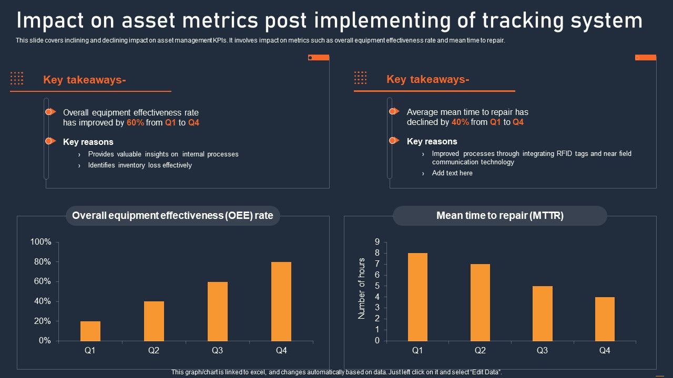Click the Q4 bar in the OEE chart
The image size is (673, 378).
281,301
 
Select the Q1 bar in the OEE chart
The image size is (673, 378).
90,331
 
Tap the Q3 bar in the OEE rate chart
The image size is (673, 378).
218,311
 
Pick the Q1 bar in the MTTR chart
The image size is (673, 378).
417,297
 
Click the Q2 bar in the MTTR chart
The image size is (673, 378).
480,302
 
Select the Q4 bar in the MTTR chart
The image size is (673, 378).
605,319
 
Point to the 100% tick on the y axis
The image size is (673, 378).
41,242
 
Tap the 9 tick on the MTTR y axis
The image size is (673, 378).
376,242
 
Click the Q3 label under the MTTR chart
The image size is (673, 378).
542,351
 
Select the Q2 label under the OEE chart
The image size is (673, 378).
154,351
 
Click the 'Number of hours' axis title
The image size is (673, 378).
362,289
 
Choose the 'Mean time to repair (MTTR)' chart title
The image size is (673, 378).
499,216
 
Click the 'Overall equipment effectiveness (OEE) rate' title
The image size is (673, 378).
172,216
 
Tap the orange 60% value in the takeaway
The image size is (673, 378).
135,123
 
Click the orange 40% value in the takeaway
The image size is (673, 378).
460,122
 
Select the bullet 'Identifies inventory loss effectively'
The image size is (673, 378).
140,165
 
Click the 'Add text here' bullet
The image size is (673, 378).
452,173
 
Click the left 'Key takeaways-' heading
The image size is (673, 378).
84,80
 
